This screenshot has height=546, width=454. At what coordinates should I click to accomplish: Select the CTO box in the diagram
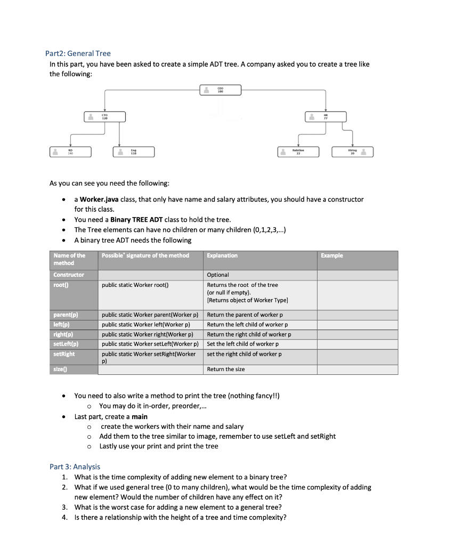106,117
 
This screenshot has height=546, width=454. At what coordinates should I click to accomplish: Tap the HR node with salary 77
326,117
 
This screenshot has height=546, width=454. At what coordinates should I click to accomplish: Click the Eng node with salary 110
135,152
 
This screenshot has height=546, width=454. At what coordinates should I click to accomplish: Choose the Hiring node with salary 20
352,152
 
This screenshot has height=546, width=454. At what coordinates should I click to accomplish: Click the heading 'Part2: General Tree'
78,53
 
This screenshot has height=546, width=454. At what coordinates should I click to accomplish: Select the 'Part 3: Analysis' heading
75,467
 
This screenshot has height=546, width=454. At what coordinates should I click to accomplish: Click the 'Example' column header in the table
332,255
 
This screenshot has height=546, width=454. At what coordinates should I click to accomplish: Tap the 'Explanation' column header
222,255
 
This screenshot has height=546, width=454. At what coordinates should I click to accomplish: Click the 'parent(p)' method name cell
67,315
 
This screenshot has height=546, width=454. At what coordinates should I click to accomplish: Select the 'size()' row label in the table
62,369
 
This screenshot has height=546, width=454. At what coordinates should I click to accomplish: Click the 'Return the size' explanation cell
226,369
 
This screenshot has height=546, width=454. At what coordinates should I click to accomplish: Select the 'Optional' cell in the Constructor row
218,275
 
